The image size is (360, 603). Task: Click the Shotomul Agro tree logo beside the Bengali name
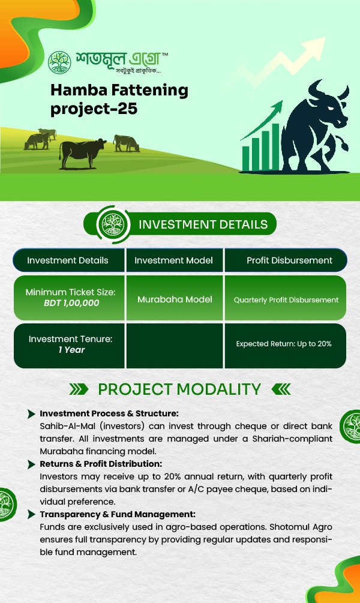coord(59,62)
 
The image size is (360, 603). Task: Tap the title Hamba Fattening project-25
coord(119,99)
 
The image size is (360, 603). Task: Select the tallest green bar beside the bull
coord(275,146)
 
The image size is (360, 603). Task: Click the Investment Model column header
coord(173,260)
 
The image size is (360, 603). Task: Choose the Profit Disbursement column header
coord(289,260)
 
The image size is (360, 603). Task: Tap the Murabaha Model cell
coord(175,299)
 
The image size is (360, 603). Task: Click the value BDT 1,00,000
coord(71,302)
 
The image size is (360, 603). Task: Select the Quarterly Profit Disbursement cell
coord(286,300)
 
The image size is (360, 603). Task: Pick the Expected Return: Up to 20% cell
coord(284,344)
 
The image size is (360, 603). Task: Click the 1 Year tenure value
coord(71,350)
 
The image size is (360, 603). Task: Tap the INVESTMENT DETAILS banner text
coord(203,224)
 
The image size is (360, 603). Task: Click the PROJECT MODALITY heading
coord(179,389)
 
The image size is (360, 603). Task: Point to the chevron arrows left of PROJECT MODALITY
coord(79,389)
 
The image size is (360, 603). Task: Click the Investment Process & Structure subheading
coord(109,413)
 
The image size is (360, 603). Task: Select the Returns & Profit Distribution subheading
coord(101,464)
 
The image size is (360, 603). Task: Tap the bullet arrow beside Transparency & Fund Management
coord(32,515)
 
